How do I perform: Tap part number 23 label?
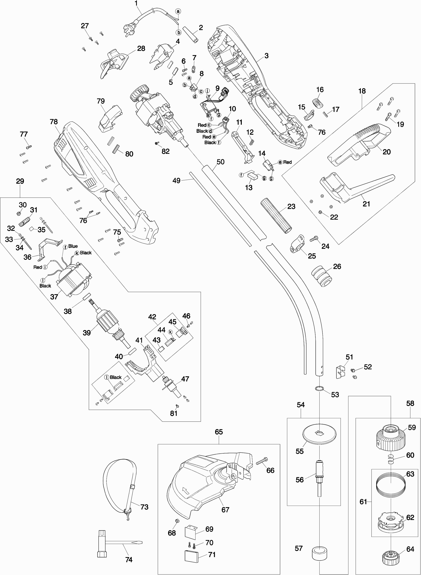click(291, 206)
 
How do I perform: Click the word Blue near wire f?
click(73, 246)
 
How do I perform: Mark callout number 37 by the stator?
click(54, 296)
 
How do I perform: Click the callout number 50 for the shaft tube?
click(220, 162)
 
